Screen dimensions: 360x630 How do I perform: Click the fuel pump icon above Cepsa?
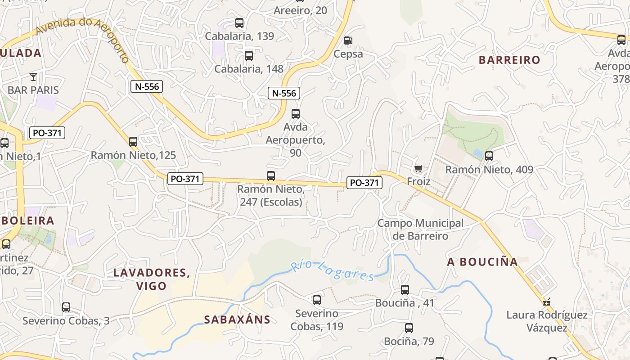point(348,40)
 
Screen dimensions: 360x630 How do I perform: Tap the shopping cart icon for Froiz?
point(418,169)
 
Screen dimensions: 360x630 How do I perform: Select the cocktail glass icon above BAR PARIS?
point(33,76)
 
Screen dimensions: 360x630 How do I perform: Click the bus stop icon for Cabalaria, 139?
point(239,23)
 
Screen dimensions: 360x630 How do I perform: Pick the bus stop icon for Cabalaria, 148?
point(248,56)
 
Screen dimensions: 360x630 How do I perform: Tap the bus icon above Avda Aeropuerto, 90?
point(296,114)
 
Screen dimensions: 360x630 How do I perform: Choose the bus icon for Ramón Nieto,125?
point(133,142)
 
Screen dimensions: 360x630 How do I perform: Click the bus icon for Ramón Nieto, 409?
point(489,156)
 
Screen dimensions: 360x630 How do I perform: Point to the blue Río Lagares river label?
point(333,271)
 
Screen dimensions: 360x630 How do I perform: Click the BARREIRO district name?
point(509,60)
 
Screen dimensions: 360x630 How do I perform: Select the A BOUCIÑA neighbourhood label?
point(482,262)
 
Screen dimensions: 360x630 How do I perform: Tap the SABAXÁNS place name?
point(237,320)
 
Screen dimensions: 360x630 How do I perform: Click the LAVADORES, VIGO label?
point(151,279)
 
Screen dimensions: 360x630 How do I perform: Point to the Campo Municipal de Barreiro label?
point(420,229)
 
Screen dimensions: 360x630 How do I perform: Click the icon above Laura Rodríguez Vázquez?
point(547,302)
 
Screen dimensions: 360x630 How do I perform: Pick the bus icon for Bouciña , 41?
point(405,290)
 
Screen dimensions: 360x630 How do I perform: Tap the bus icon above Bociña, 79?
point(409,328)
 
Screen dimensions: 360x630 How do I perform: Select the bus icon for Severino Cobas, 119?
point(317,300)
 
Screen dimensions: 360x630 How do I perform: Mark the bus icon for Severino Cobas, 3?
point(66,307)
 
